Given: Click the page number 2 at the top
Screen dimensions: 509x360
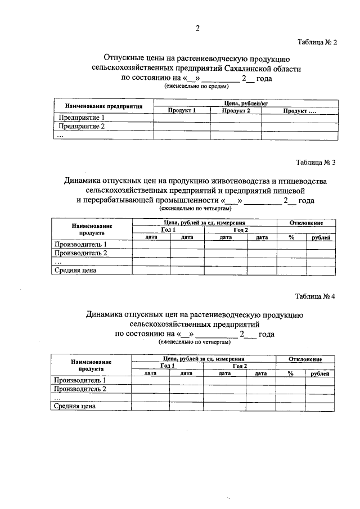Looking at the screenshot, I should point(197,29).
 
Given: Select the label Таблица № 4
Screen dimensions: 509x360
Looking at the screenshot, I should point(315,297).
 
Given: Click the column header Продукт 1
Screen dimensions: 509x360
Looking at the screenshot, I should point(182,111).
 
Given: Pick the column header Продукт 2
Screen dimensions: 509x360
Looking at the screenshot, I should point(236,111).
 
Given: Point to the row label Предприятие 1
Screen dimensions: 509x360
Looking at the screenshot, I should point(79,118).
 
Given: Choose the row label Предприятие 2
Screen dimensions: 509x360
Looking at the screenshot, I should point(79,127).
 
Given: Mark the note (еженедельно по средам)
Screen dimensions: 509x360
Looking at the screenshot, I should point(196,87).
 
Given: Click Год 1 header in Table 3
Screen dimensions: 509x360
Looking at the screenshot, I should point(168,230).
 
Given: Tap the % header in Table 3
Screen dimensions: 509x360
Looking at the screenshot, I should point(291,238).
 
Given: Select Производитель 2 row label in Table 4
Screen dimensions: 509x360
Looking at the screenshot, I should point(80,389).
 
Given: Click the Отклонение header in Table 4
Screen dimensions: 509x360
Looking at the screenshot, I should point(305,359).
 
